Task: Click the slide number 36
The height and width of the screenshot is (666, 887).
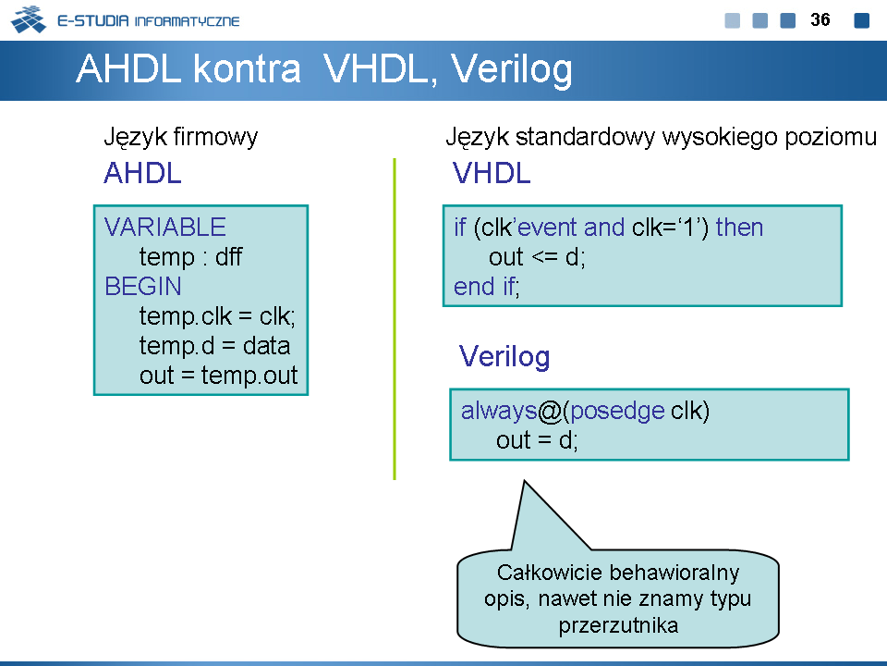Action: [x=820, y=19]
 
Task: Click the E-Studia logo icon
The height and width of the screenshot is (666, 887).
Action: [x=29, y=19]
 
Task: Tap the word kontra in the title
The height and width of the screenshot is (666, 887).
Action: [x=247, y=69]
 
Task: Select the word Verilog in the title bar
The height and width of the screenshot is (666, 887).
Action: [x=511, y=70]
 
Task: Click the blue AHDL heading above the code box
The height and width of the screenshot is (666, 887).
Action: [x=142, y=173]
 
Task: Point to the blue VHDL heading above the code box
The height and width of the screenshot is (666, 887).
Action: [x=492, y=173]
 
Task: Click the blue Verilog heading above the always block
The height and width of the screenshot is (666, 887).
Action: [x=504, y=357]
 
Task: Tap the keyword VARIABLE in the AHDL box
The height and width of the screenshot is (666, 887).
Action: [x=165, y=228]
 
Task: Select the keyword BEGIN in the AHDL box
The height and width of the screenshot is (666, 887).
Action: [x=143, y=286]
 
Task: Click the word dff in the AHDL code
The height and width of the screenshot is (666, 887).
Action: [x=228, y=256]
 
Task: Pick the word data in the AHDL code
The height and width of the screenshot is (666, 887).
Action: [x=266, y=345]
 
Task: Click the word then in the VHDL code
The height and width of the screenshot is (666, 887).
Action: [x=739, y=228]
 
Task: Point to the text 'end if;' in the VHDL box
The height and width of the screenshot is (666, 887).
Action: [x=487, y=286]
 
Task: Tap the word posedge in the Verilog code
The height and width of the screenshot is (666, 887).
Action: [x=617, y=411]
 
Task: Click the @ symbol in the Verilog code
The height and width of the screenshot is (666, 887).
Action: [x=549, y=411]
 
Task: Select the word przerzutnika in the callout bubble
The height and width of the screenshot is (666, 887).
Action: [x=618, y=626]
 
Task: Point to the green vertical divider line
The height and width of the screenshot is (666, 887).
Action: [x=395, y=319]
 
